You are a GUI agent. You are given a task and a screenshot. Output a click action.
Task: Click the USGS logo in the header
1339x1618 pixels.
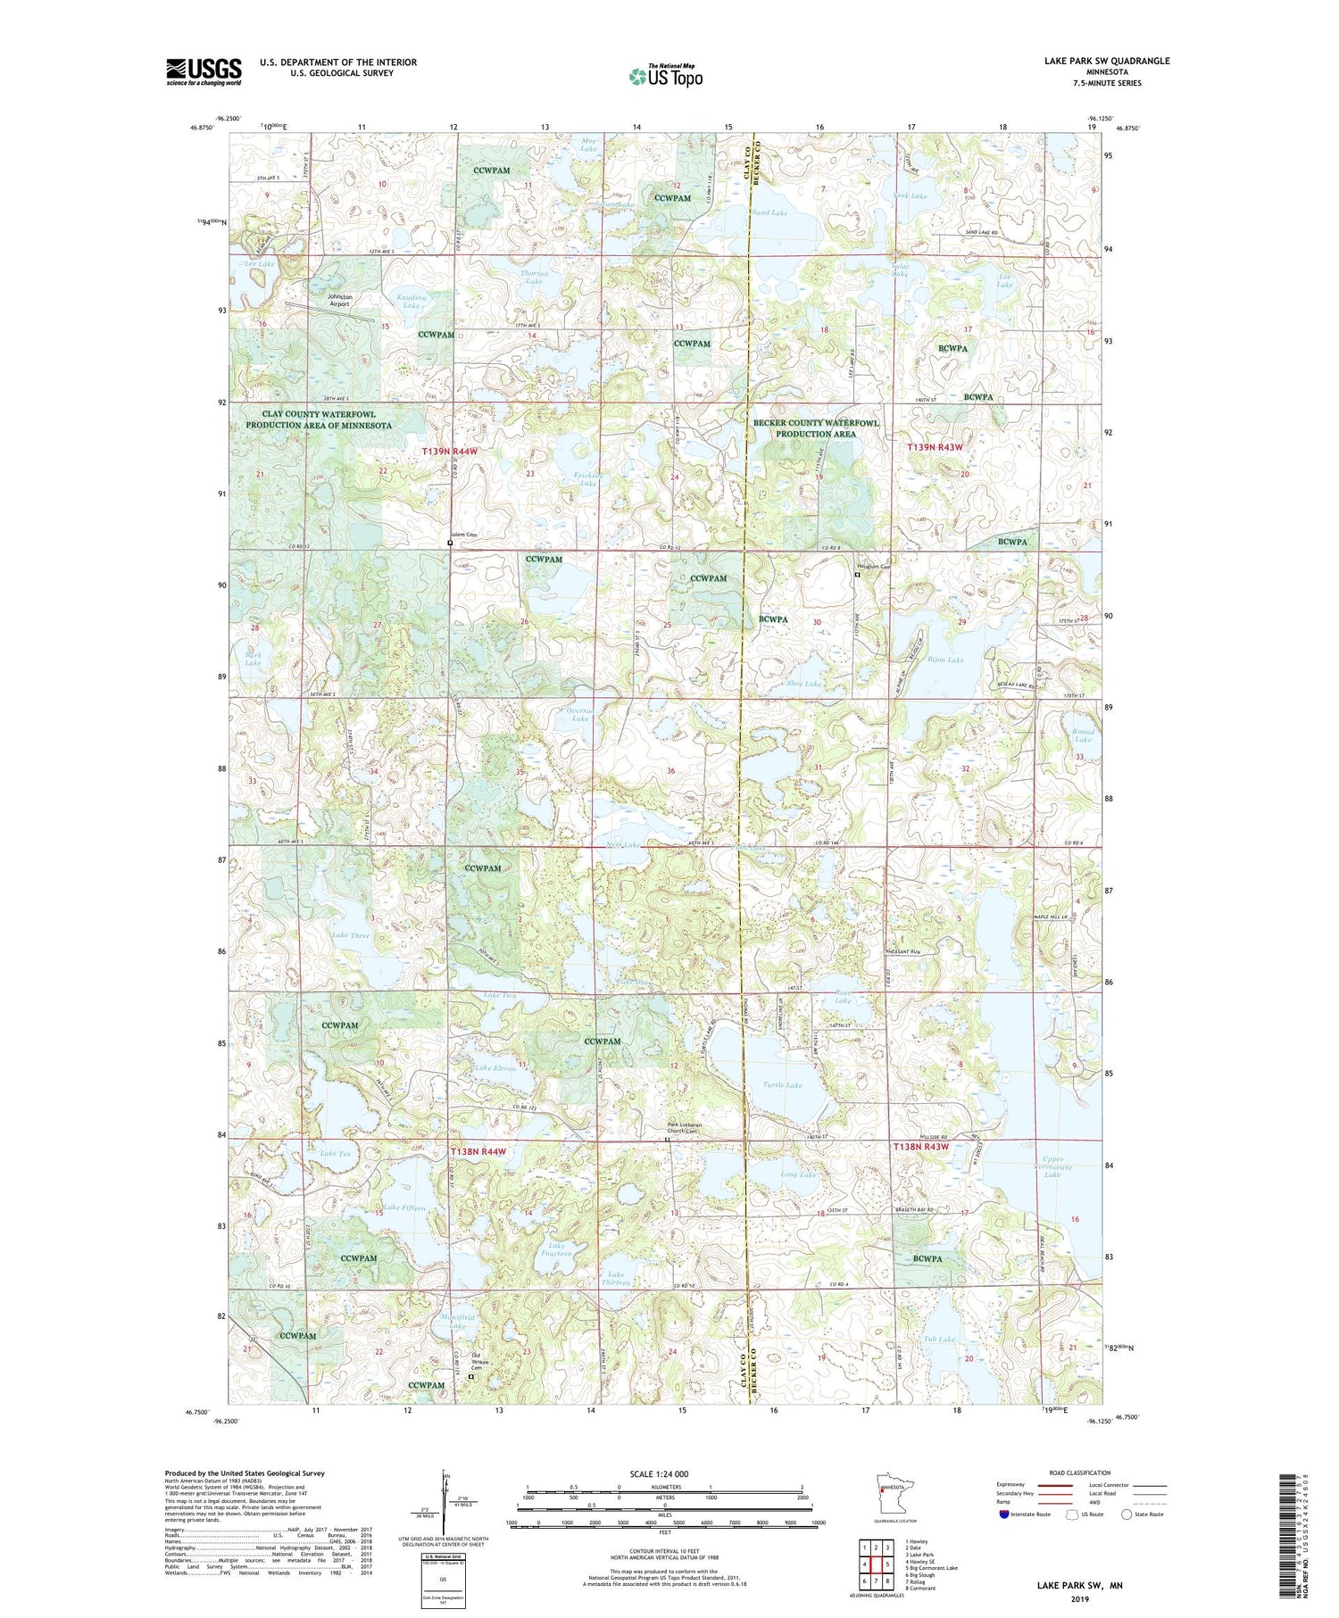204,71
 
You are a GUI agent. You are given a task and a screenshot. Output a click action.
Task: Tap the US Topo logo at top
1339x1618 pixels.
666,76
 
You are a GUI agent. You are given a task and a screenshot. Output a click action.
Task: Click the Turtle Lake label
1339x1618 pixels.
782,1085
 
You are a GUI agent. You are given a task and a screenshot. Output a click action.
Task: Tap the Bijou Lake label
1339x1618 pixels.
944,660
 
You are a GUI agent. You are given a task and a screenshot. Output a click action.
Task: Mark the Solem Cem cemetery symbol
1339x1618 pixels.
450,542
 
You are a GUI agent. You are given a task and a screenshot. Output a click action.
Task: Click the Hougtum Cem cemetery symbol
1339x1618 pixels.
858,576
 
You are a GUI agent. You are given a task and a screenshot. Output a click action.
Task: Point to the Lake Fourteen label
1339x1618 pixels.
557,1249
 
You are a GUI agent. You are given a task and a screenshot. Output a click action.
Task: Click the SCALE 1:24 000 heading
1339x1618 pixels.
659,1473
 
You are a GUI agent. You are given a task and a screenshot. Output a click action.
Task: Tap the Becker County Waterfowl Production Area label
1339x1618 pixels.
815,428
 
